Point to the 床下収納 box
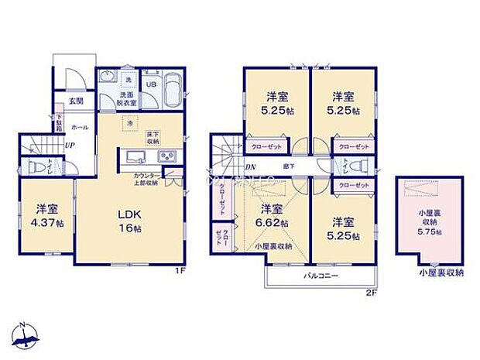(153, 138)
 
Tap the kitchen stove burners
(168, 157)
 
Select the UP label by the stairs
(70, 145)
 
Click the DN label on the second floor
(250, 167)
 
